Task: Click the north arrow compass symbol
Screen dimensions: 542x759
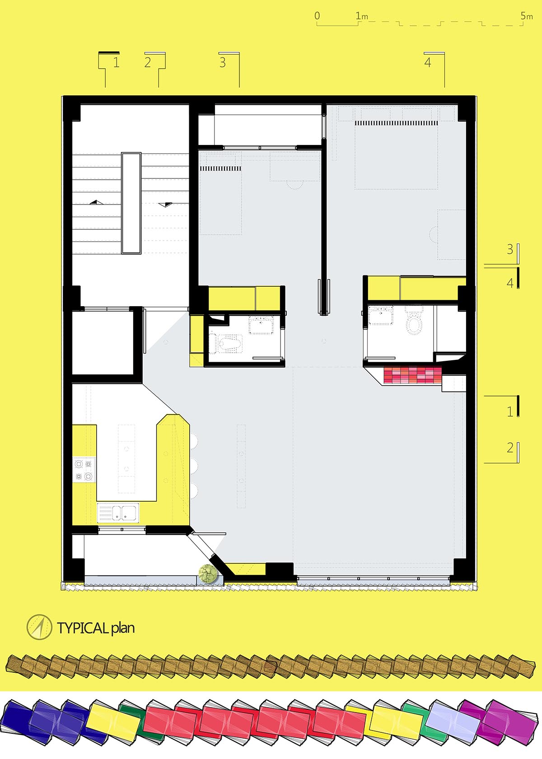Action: pos(39,627)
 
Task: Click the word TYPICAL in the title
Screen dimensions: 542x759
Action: pos(82,628)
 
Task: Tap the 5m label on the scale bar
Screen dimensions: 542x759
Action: pos(526,16)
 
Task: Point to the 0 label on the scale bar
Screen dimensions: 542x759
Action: pos(317,16)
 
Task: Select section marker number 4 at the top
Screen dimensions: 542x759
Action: pos(428,62)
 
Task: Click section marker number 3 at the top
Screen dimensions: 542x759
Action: pos(222,62)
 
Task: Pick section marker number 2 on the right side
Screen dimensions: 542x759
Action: pos(510,448)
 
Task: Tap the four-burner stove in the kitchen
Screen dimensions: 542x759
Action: pos(84,470)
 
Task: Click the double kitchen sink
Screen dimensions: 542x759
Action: pos(118,512)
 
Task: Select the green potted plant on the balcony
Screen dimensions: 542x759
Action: pos(208,573)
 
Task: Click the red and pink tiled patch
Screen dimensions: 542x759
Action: pos(412,376)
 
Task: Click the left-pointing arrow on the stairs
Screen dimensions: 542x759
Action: pos(97,202)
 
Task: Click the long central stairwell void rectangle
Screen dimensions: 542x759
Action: pos(131,203)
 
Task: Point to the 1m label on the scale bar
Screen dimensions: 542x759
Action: pos(362,16)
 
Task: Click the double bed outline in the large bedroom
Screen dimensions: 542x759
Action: pos(396,154)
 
